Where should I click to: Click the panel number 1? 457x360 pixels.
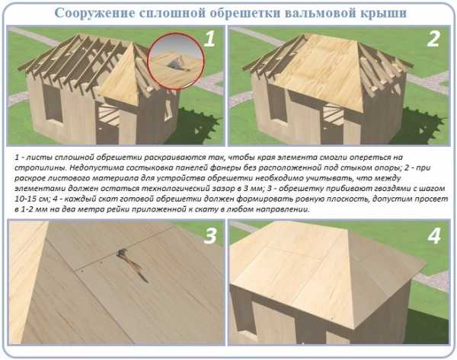pos(209,40)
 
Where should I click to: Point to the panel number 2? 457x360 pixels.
pos(433,39)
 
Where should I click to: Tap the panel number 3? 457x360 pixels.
pos(210,236)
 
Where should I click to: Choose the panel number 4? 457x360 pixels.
pos(434,236)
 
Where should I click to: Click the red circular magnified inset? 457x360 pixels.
pos(176,61)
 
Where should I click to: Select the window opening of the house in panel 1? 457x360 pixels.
pos(53,103)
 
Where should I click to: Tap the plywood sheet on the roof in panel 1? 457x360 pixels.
pos(120,77)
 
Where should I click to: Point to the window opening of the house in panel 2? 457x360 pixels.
pos(276,103)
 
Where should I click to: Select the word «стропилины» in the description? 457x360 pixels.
pos(39,168)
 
